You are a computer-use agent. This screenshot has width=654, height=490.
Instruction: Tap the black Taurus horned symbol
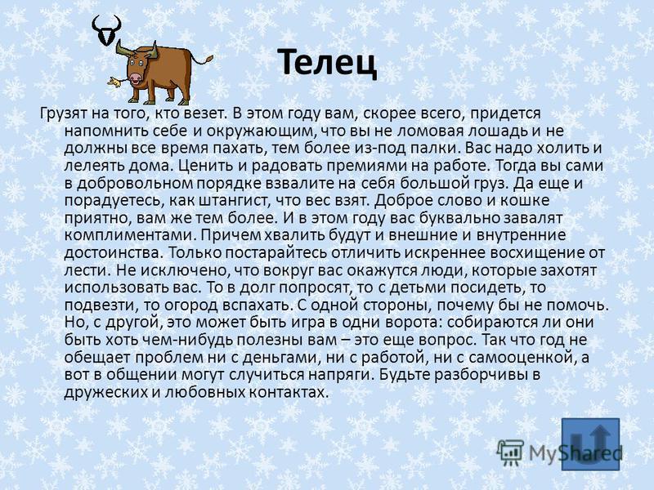coord(107,30)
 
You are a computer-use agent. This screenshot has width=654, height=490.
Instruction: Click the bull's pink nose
coord(135,78)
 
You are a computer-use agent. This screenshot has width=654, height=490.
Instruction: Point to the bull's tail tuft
coord(207,59)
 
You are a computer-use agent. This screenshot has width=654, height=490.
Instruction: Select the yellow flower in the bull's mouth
coord(114,82)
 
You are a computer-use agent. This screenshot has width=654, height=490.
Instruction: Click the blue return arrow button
coord(590,444)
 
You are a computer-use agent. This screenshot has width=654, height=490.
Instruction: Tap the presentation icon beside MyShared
coord(509,452)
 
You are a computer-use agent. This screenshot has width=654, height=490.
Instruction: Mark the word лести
coord(87,271)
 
